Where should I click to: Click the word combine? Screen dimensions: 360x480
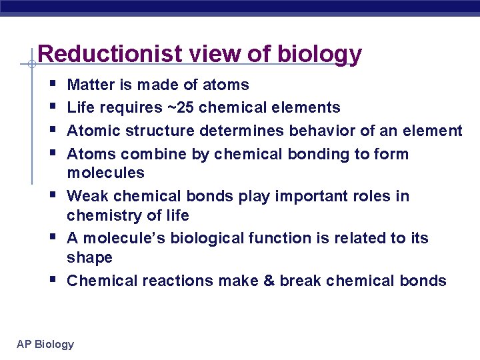[x=146, y=154]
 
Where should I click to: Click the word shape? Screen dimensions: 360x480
[x=89, y=257]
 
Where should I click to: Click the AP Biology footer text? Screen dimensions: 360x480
[x=45, y=344]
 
